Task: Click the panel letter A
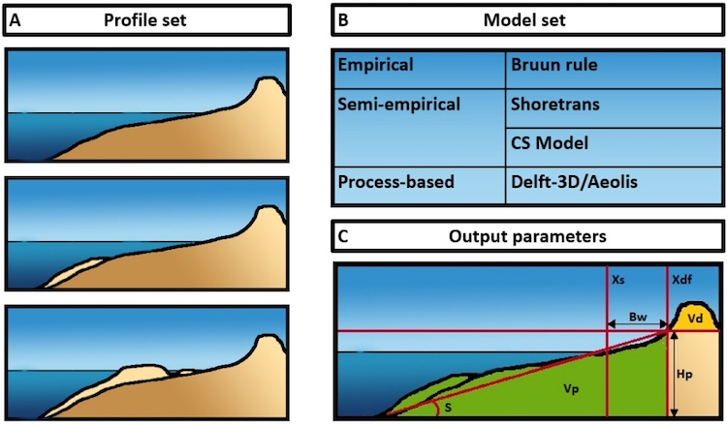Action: click(16, 17)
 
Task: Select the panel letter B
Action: click(342, 17)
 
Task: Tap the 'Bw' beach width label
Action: click(637, 316)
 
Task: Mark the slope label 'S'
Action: click(449, 408)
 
